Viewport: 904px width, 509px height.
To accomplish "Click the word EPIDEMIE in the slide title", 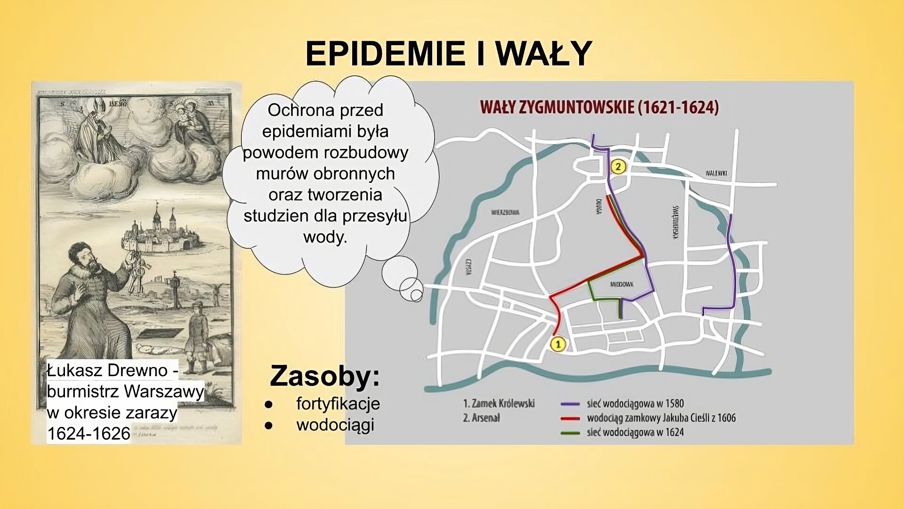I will point(383,53).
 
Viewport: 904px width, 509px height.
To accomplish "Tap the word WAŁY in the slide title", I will point(544,53).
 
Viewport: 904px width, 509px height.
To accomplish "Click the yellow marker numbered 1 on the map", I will point(558,345).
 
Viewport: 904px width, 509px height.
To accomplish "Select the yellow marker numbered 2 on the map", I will point(618,166).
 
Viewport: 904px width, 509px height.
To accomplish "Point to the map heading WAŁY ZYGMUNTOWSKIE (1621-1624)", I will point(599,107).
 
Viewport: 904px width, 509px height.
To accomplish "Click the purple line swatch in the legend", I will point(570,404).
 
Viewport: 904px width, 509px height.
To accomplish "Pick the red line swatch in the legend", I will point(570,419).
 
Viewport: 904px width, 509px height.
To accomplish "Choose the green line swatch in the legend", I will point(570,433).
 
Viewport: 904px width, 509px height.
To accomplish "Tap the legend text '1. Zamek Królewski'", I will point(499,403).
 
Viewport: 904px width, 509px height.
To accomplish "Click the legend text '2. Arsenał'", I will point(481,418).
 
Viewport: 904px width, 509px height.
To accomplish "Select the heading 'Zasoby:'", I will point(324,377).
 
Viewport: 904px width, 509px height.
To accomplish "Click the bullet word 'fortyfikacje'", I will point(338,403).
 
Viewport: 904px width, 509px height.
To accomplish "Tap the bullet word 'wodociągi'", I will point(335,425).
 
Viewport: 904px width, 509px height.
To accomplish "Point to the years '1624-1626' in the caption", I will point(89,434).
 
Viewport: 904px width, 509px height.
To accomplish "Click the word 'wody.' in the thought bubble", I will point(325,237).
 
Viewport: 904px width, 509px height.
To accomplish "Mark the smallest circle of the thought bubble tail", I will point(416,296).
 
